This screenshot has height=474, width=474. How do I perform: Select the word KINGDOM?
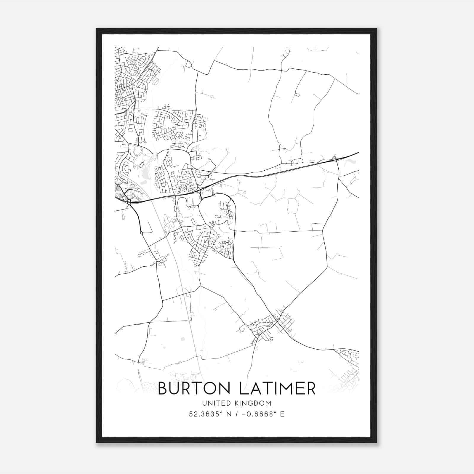(x=256, y=403)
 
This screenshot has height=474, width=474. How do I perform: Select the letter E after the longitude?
(x=282, y=414)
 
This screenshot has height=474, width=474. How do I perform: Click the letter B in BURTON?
(x=163, y=388)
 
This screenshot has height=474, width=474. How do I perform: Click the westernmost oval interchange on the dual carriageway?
(x=129, y=202)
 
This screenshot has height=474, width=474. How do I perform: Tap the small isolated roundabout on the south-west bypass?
(x=142, y=233)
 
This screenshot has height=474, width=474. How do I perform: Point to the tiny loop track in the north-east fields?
(x=297, y=95)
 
